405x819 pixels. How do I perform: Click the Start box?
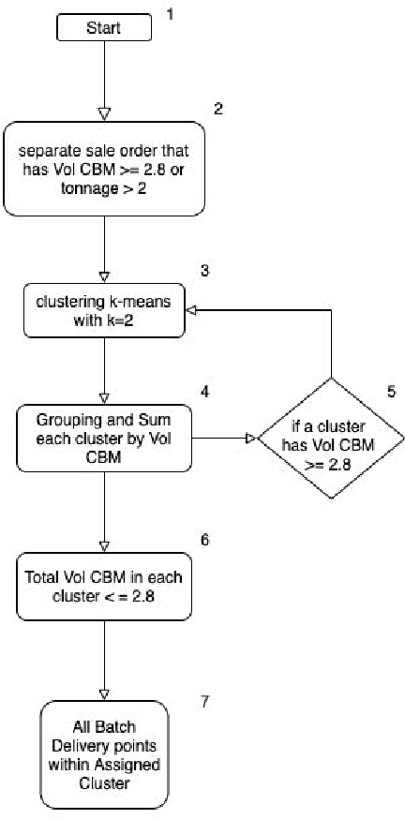pos(104,28)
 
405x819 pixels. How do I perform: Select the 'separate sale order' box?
pos(104,170)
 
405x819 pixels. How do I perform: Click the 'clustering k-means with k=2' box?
pos(104,311)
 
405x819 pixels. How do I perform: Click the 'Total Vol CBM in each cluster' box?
pos(104,586)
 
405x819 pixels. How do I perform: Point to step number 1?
pos(171,14)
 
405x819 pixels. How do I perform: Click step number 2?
pos(218,108)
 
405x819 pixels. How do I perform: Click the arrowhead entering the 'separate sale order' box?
pos(104,114)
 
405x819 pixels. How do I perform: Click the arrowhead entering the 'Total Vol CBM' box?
pos(104,547)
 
